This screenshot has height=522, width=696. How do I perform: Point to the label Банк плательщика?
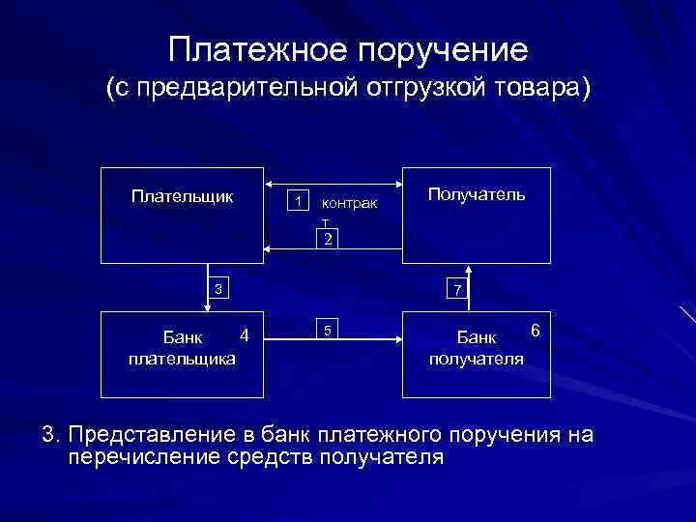pos(182,348)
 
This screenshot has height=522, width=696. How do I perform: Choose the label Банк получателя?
pos(477,348)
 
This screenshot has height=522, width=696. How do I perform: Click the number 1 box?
pos(300,201)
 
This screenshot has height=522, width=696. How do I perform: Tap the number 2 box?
pos(329,239)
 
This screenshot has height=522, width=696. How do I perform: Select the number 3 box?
pos(218,288)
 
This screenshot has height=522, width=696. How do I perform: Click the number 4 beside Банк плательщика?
pos(245,335)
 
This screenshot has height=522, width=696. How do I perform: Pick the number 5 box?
pos(329,331)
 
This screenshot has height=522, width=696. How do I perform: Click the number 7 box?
pos(458,289)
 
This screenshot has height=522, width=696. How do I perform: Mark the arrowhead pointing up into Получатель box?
pos(469,269)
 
